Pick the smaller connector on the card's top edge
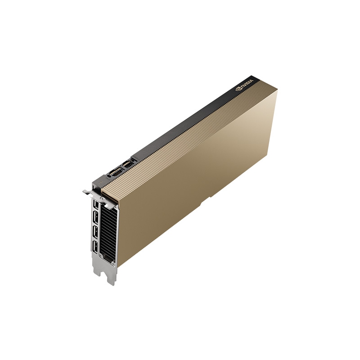click(128, 165)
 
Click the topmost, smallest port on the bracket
click(95, 205)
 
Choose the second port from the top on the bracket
click(96, 219)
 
